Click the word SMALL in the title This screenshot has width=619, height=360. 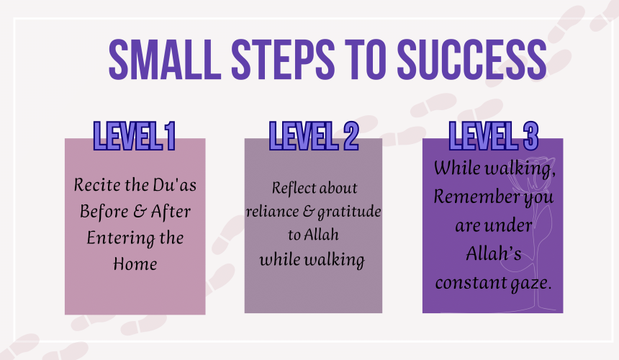tap(165, 60)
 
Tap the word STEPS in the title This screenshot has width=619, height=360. tap(283, 60)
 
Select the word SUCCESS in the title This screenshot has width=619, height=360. tap(471, 60)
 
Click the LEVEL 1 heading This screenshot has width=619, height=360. tap(134, 136)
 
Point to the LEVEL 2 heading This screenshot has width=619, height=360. tap(314, 136)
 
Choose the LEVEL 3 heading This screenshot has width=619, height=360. tap(494, 136)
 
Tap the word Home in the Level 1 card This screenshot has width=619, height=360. tap(135, 264)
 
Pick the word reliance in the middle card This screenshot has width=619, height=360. tap(272, 212)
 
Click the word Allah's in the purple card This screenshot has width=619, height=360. tap(494, 253)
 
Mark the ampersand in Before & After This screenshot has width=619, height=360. tap(140, 211)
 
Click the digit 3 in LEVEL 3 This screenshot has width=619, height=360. tap(531, 136)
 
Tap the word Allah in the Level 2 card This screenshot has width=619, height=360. tap(322, 235)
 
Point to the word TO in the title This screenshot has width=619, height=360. tap(366, 60)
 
